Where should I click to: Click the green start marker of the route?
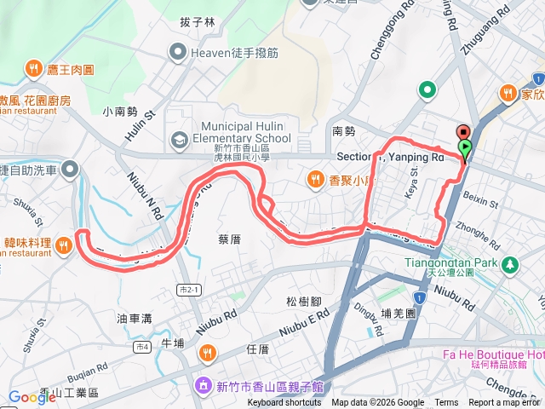click(x=465, y=147)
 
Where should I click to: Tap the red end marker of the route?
click(x=462, y=132)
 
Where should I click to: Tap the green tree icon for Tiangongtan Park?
click(x=509, y=265)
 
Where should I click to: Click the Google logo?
click(x=32, y=395)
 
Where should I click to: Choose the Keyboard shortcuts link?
click(x=284, y=403)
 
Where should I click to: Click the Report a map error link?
click(x=503, y=403)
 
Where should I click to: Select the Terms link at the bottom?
click(x=445, y=403)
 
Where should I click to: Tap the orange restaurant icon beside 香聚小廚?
click(x=315, y=179)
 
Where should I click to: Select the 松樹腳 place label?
click(x=303, y=301)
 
